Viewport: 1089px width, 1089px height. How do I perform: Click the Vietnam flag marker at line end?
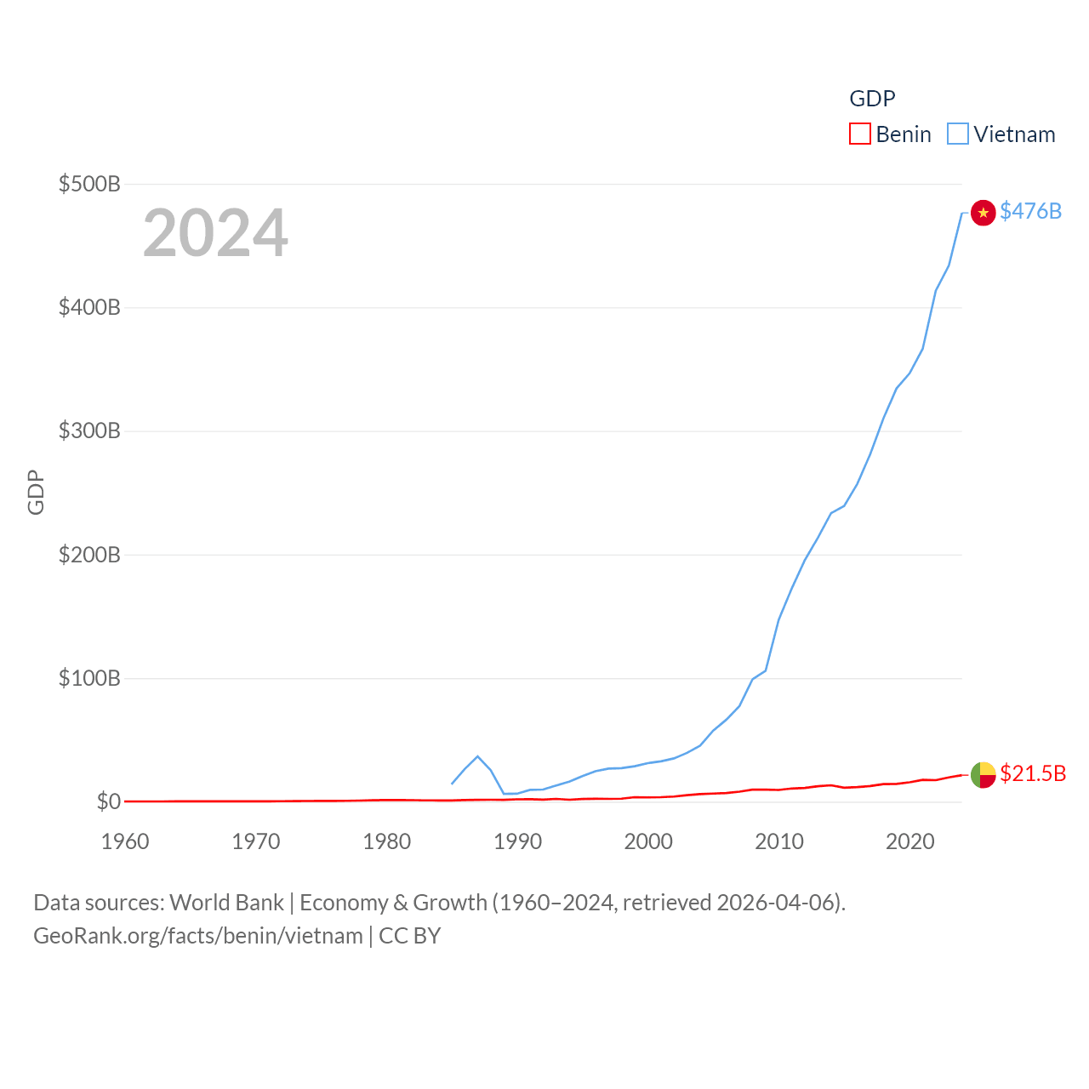(983, 212)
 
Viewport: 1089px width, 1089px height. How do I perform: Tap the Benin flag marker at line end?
(983, 774)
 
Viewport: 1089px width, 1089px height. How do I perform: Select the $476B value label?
(1030, 211)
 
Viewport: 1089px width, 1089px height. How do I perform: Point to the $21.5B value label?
(1033, 773)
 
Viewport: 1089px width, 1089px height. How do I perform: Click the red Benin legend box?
(859, 134)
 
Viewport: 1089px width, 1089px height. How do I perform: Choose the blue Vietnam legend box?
(957, 134)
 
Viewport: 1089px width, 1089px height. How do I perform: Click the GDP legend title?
(872, 99)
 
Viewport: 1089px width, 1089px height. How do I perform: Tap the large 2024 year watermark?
(215, 233)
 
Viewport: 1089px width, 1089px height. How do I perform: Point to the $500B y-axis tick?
(89, 184)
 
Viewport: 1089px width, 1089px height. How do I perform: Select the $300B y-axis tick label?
(89, 430)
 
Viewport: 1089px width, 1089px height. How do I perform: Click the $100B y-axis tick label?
(89, 678)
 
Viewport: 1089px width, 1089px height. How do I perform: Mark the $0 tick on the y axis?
(108, 801)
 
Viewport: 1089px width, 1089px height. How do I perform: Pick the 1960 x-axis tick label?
(125, 841)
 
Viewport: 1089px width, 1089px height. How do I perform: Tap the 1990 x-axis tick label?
(517, 841)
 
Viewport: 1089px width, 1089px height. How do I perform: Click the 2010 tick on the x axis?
(779, 841)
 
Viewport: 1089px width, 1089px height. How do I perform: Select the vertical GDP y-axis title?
(36, 493)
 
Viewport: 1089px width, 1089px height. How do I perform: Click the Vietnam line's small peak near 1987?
(477, 756)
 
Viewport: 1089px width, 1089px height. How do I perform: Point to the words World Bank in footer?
(226, 903)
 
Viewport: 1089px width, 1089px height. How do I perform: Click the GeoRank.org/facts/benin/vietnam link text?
(198, 936)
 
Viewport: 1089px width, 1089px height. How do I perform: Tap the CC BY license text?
(410, 936)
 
